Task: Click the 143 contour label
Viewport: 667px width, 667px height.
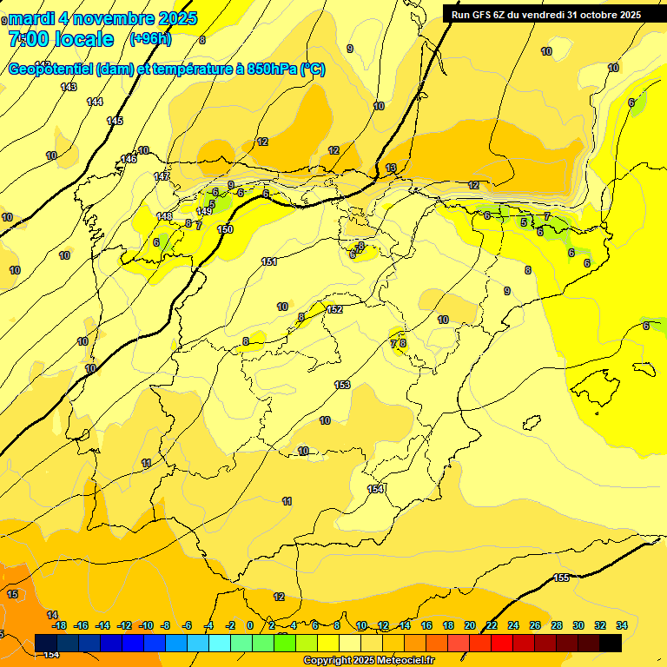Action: click(69, 87)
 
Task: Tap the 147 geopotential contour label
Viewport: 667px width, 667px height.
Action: click(162, 177)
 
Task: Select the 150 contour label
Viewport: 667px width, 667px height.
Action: click(225, 229)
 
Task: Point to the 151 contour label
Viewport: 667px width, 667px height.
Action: click(269, 261)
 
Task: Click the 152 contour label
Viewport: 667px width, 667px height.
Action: click(335, 310)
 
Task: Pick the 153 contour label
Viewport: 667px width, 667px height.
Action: click(342, 385)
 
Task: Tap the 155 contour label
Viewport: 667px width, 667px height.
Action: click(561, 578)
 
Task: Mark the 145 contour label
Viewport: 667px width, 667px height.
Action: click(115, 121)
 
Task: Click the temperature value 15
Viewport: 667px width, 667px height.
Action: click(12, 594)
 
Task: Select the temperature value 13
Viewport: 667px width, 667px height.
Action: click(391, 168)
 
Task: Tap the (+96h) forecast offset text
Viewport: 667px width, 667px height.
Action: click(150, 38)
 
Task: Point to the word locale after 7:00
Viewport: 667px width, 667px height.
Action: click(83, 39)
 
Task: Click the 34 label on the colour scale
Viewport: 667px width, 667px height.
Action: click(622, 625)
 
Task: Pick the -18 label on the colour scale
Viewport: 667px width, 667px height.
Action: click(59, 625)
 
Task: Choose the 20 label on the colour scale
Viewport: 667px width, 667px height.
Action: click(470, 625)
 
